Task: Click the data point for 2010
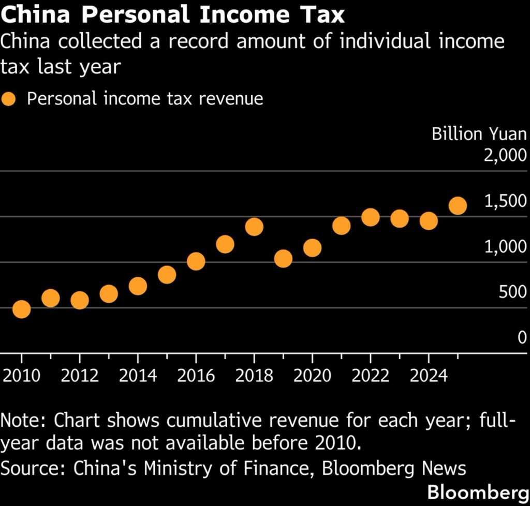click(x=21, y=309)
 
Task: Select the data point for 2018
click(x=254, y=227)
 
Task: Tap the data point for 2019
click(x=283, y=258)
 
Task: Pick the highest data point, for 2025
click(x=458, y=205)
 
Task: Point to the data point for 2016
click(x=196, y=261)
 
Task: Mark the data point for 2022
click(x=371, y=217)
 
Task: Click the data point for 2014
click(x=138, y=286)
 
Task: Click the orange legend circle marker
click(x=9, y=99)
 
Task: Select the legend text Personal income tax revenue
click(x=145, y=99)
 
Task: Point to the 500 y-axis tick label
click(x=512, y=292)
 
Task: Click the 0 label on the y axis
click(x=522, y=337)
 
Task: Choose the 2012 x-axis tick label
click(x=80, y=375)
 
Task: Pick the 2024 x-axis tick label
click(x=429, y=375)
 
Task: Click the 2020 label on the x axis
click(x=312, y=375)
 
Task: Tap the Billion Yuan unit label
click(x=479, y=134)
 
